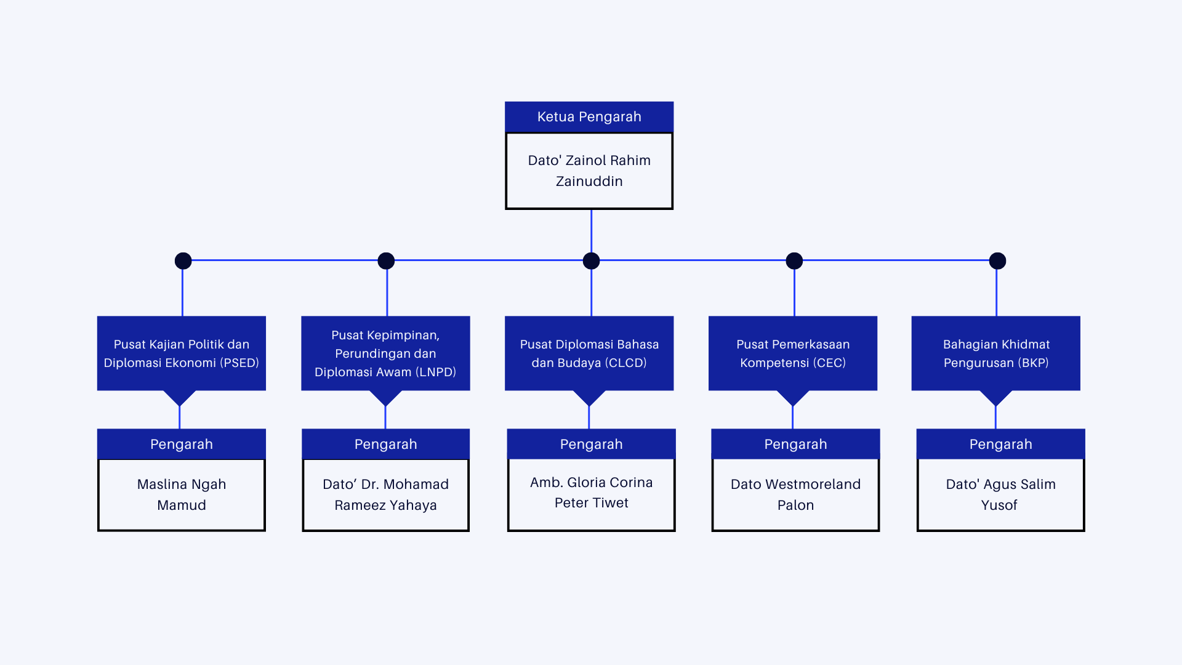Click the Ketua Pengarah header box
pyautogui.click(x=589, y=117)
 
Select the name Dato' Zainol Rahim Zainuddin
pyautogui.click(x=589, y=171)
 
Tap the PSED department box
pyautogui.click(x=181, y=353)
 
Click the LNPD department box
pyautogui.click(x=385, y=353)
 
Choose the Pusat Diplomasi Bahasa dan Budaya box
pyautogui.click(x=589, y=353)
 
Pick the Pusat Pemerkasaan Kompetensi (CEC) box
pyautogui.click(x=793, y=353)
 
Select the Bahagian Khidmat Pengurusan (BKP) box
pyautogui.click(x=996, y=353)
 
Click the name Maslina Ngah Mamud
pyautogui.click(x=182, y=494)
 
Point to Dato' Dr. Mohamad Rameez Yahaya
pyautogui.click(x=385, y=494)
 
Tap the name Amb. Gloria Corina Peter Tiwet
pyautogui.click(x=591, y=493)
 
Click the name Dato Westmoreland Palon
pyautogui.click(x=795, y=494)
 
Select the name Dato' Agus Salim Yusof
pyautogui.click(x=1000, y=494)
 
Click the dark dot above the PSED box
pyautogui.click(x=183, y=261)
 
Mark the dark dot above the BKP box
pyautogui.click(x=997, y=261)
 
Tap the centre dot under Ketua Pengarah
pyautogui.click(x=591, y=261)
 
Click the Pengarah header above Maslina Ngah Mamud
pyautogui.click(x=182, y=444)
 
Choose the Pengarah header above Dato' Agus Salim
pyautogui.click(x=1000, y=444)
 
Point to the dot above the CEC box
pyautogui.click(x=794, y=261)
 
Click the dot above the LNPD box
pyautogui.click(x=386, y=261)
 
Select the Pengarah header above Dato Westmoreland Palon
pyautogui.click(x=795, y=444)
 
